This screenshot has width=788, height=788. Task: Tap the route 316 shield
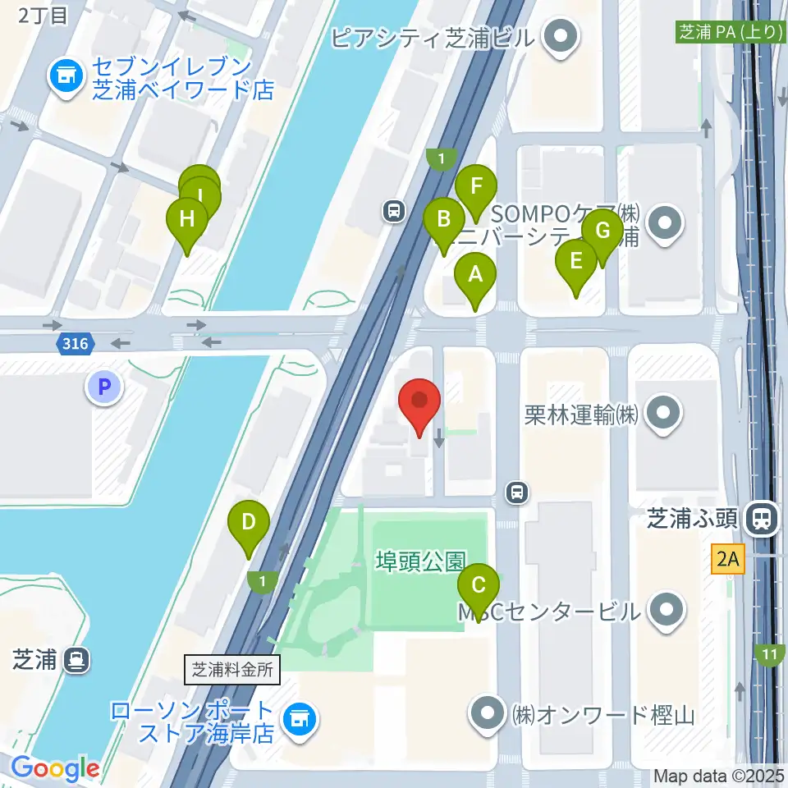click(75, 344)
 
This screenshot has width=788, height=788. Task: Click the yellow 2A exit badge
click(728, 561)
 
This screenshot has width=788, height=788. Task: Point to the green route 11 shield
click(768, 654)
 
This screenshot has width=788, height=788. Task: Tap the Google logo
click(55, 768)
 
